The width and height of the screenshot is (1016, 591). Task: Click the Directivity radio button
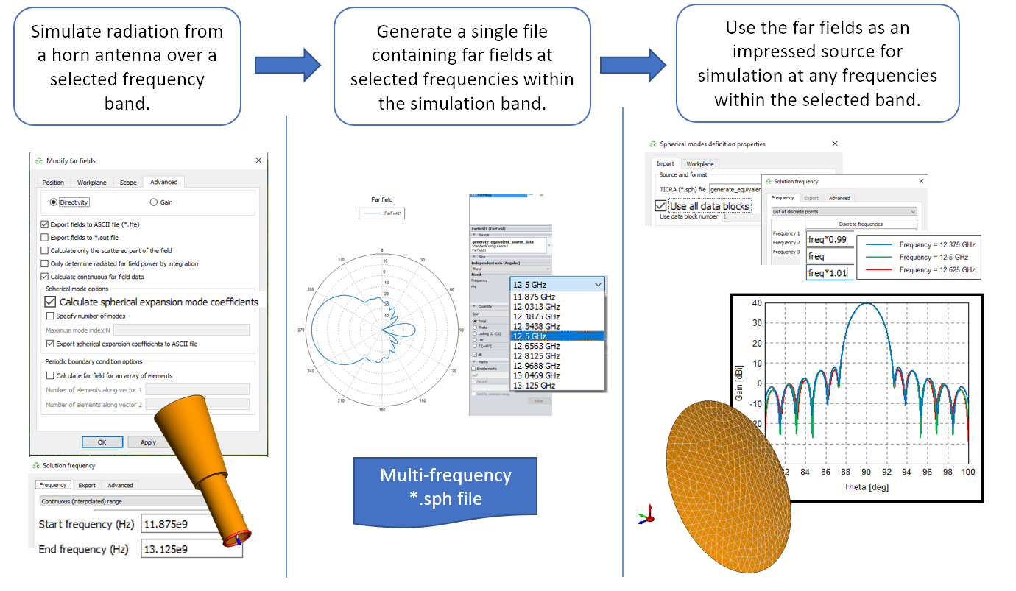pos(54,202)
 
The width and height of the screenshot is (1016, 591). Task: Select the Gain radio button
pos(153,202)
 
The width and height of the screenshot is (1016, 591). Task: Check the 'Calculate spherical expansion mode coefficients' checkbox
pos(51,302)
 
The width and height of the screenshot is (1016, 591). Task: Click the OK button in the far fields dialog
pos(102,442)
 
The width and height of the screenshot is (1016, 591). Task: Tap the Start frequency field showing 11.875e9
pos(191,525)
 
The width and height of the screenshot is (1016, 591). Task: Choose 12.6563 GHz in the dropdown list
pos(537,346)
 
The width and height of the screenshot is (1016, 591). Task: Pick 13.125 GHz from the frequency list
pos(535,385)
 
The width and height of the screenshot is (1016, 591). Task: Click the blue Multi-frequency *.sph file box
pos(445,487)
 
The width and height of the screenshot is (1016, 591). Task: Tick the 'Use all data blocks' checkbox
pos(661,206)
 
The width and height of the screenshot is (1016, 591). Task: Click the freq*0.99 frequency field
pos(830,240)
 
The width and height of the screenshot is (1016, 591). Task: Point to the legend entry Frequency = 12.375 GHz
pos(936,244)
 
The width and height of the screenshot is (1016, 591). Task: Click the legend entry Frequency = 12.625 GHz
pos(936,270)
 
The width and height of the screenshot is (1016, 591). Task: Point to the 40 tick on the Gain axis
pos(756,303)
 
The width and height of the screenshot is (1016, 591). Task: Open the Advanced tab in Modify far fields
pos(163,182)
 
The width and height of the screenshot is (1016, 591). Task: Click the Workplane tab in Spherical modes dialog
pos(699,164)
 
